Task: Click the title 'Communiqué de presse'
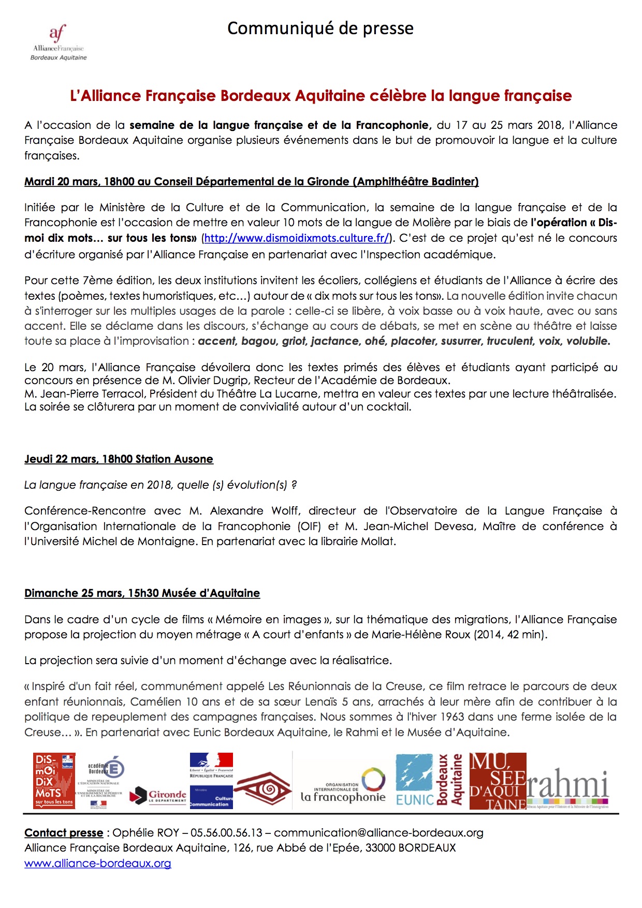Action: (320, 28)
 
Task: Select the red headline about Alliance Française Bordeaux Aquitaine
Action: (320, 96)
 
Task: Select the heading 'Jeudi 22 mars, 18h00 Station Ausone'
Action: (119, 459)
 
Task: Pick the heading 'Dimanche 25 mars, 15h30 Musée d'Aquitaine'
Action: (142, 593)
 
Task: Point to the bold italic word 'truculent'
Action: (509, 341)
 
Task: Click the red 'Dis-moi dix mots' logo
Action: (54, 781)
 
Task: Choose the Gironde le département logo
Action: (159, 796)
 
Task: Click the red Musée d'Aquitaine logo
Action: (498, 781)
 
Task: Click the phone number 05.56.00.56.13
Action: (226, 833)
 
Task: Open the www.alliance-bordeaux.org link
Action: (97, 863)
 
